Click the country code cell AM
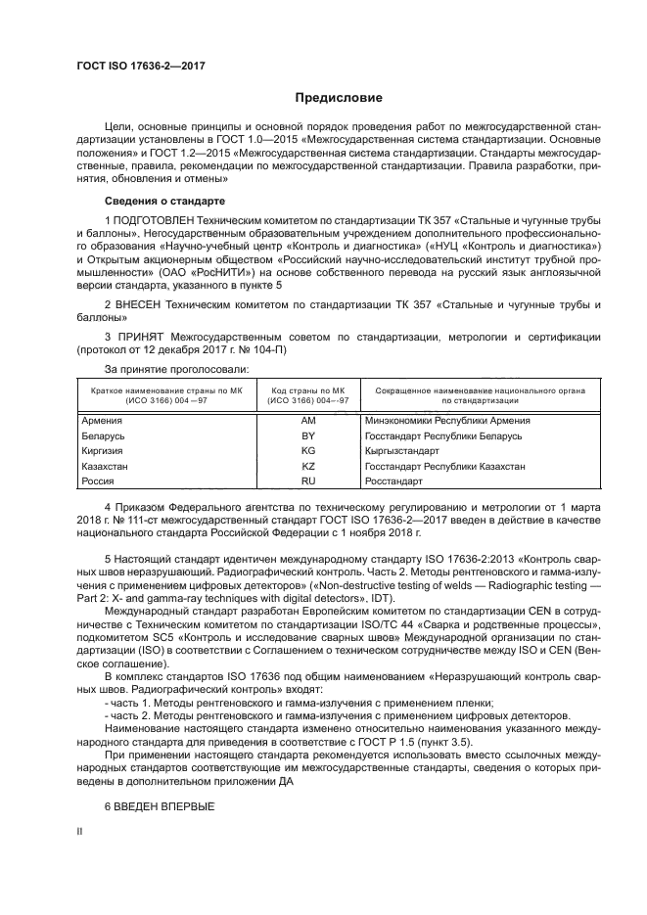[x=308, y=420]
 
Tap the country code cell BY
[x=308, y=435]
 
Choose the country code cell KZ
[x=308, y=467]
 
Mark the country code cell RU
[x=308, y=482]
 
